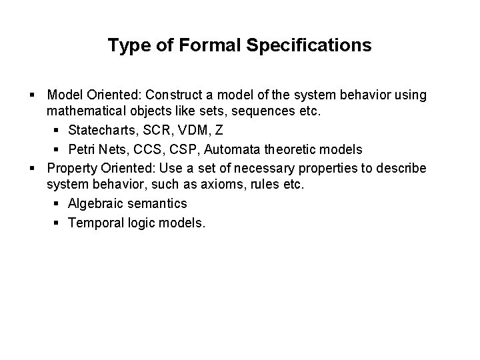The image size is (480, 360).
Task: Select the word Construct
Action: point(207,95)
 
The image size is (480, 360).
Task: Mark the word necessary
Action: point(285,167)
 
